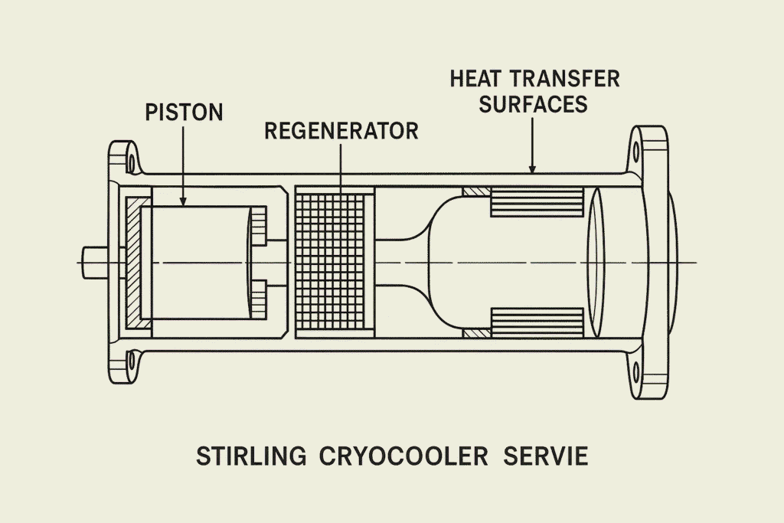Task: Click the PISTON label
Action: pos(184,113)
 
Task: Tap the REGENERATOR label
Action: pos(341,131)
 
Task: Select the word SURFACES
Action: pos(534,104)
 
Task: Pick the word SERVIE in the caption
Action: pos(546,457)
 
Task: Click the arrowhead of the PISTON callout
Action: pos(184,201)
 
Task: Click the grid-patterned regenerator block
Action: pos(333,263)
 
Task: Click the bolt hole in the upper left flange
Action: pos(130,163)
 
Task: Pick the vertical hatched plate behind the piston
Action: pos(134,263)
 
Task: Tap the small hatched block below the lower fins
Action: pos(475,335)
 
